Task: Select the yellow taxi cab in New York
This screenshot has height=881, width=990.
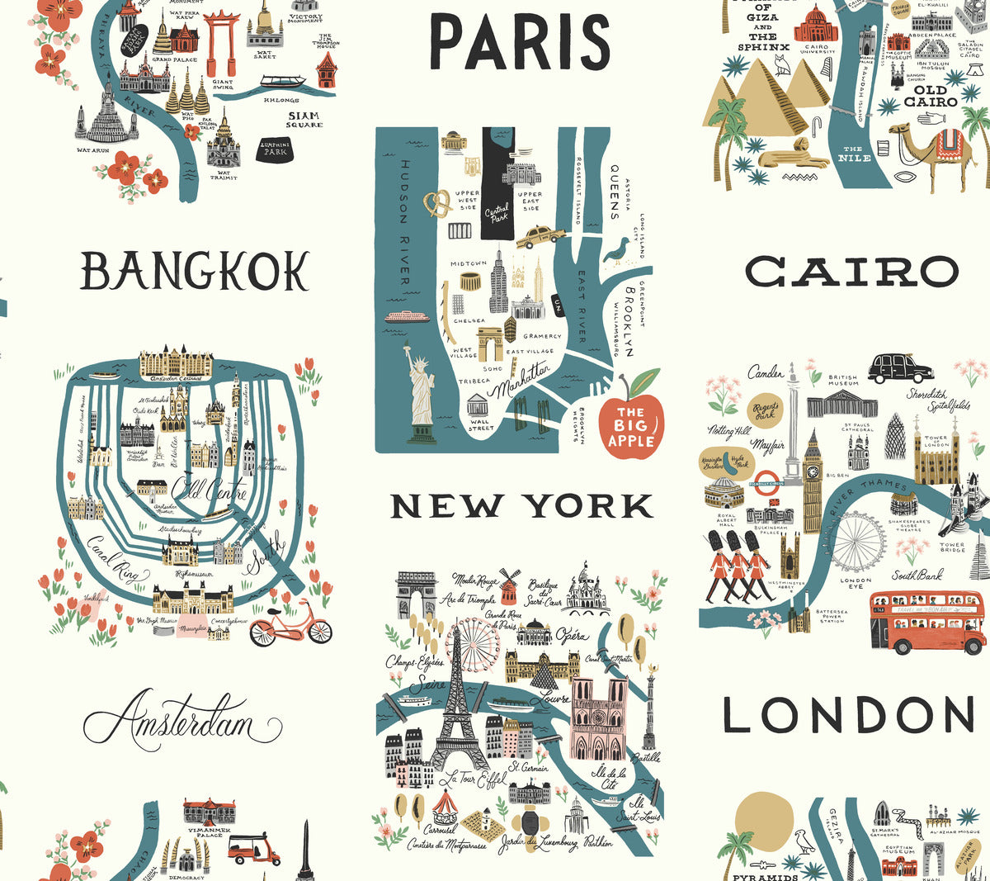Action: point(541,237)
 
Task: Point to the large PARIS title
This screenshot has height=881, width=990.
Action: point(520,42)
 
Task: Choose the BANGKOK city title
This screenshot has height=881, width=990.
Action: point(194,272)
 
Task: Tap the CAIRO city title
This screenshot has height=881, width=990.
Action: point(852,272)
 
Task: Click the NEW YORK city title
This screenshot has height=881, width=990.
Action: point(521,506)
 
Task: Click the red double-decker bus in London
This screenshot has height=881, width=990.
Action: point(926,621)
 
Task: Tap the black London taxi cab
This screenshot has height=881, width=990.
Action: point(899,367)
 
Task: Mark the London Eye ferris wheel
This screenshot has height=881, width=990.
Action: point(857,541)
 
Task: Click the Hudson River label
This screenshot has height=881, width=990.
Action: point(405,223)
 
